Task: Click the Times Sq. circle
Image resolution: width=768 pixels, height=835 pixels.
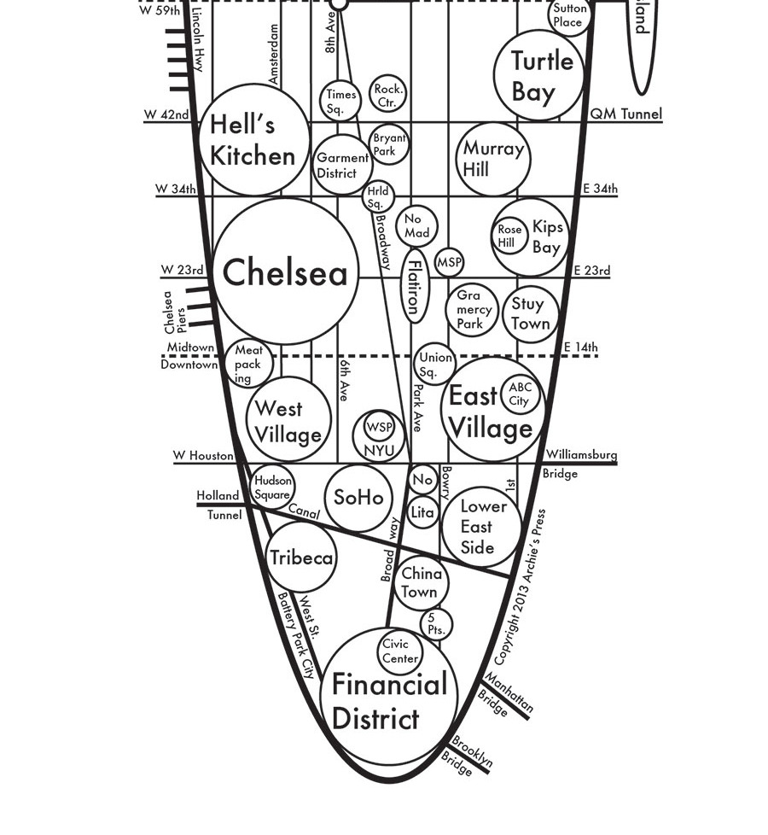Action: (340, 101)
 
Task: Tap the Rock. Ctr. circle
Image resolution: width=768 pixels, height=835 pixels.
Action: (388, 95)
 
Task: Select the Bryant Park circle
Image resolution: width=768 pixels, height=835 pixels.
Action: (389, 144)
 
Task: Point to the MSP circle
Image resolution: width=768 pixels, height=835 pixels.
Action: (449, 263)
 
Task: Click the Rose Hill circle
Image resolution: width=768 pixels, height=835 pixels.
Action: (509, 236)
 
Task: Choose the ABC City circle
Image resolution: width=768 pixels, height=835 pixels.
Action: (520, 394)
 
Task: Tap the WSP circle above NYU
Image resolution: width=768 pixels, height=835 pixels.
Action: (379, 427)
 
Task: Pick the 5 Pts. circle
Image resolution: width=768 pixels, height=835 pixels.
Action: (436, 624)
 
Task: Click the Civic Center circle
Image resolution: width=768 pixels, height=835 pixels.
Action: (399, 651)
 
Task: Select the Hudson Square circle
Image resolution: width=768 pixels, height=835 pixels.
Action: (273, 488)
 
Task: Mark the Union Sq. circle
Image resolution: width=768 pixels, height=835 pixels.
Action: (434, 364)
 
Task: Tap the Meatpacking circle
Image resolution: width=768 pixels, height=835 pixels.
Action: (248, 363)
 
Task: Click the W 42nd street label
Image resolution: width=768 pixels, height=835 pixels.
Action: (166, 114)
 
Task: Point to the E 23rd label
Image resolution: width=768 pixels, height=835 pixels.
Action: (591, 271)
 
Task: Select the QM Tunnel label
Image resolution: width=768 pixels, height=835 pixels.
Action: (626, 114)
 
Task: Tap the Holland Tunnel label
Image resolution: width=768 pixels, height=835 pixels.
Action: (219, 505)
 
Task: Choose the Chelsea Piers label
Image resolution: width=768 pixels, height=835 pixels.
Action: (174, 312)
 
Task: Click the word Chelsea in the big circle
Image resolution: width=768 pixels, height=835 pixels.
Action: (285, 273)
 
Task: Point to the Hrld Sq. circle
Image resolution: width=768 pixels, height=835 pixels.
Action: (376, 197)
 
